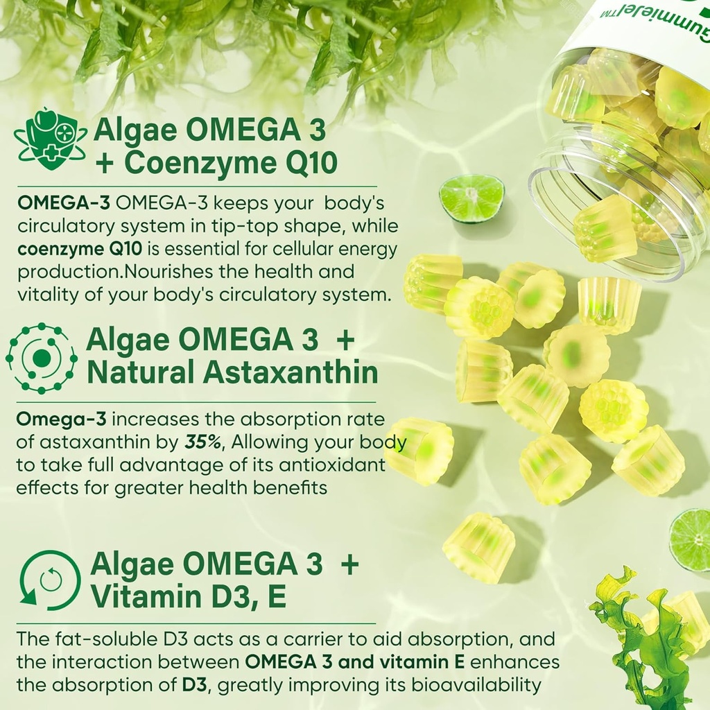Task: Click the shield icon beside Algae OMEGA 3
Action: click(50, 139)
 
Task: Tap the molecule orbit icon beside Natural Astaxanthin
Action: click(42, 358)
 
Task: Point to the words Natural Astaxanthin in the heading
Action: click(232, 372)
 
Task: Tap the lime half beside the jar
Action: click(471, 198)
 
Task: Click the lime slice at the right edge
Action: click(691, 539)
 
